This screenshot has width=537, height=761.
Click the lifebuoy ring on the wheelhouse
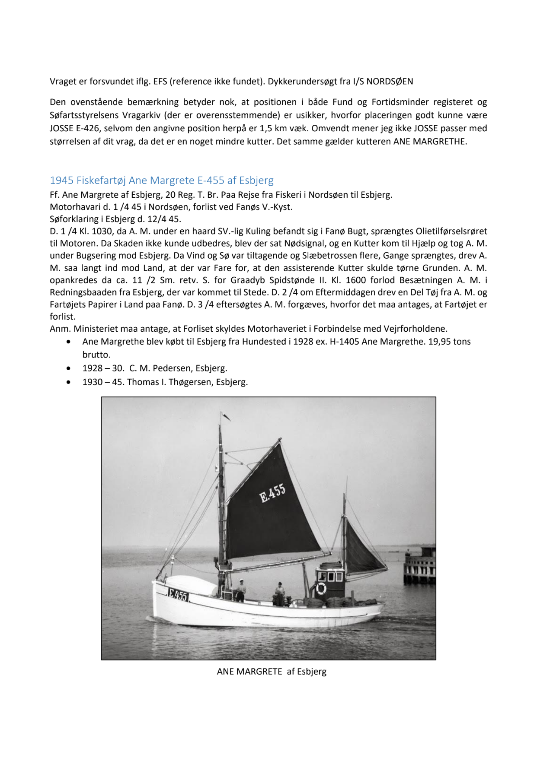321,588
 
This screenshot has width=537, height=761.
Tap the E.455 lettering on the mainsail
273,493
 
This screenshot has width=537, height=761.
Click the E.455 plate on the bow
178,595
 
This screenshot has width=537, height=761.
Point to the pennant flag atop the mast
225,417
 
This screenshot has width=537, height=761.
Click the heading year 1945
62,181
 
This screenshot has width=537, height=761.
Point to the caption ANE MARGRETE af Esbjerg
272,672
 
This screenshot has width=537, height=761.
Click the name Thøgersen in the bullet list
189,382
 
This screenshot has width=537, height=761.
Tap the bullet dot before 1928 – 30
69,368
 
